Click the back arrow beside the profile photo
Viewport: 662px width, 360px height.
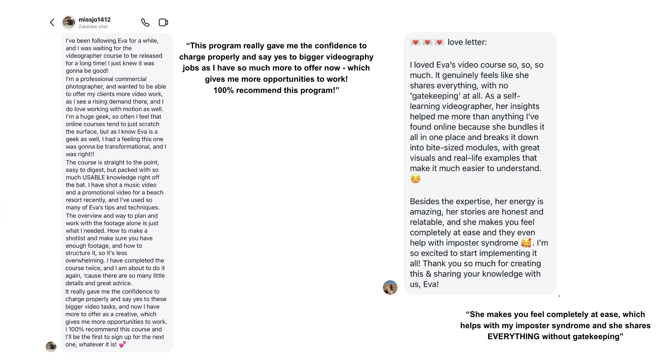click(52, 22)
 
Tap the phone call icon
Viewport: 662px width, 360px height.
click(145, 22)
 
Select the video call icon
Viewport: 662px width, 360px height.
click(163, 22)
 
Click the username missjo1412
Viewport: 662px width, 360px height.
click(95, 19)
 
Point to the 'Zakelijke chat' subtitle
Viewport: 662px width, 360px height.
click(93, 27)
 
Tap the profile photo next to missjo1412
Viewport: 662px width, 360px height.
click(69, 22)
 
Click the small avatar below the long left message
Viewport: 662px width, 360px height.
click(51, 347)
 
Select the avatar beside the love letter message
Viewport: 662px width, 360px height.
click(390, 287)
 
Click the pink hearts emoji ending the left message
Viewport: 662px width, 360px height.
click(122, 345)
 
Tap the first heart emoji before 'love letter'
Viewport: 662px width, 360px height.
click(415, 42)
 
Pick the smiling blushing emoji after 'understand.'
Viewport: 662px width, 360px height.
click(415, 179)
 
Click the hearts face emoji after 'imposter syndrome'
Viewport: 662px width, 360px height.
click(526, 243)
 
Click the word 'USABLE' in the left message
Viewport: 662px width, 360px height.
click(94, 178)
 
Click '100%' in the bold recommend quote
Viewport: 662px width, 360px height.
click(224, 90)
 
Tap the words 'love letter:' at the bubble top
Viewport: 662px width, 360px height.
click(467, 42)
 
